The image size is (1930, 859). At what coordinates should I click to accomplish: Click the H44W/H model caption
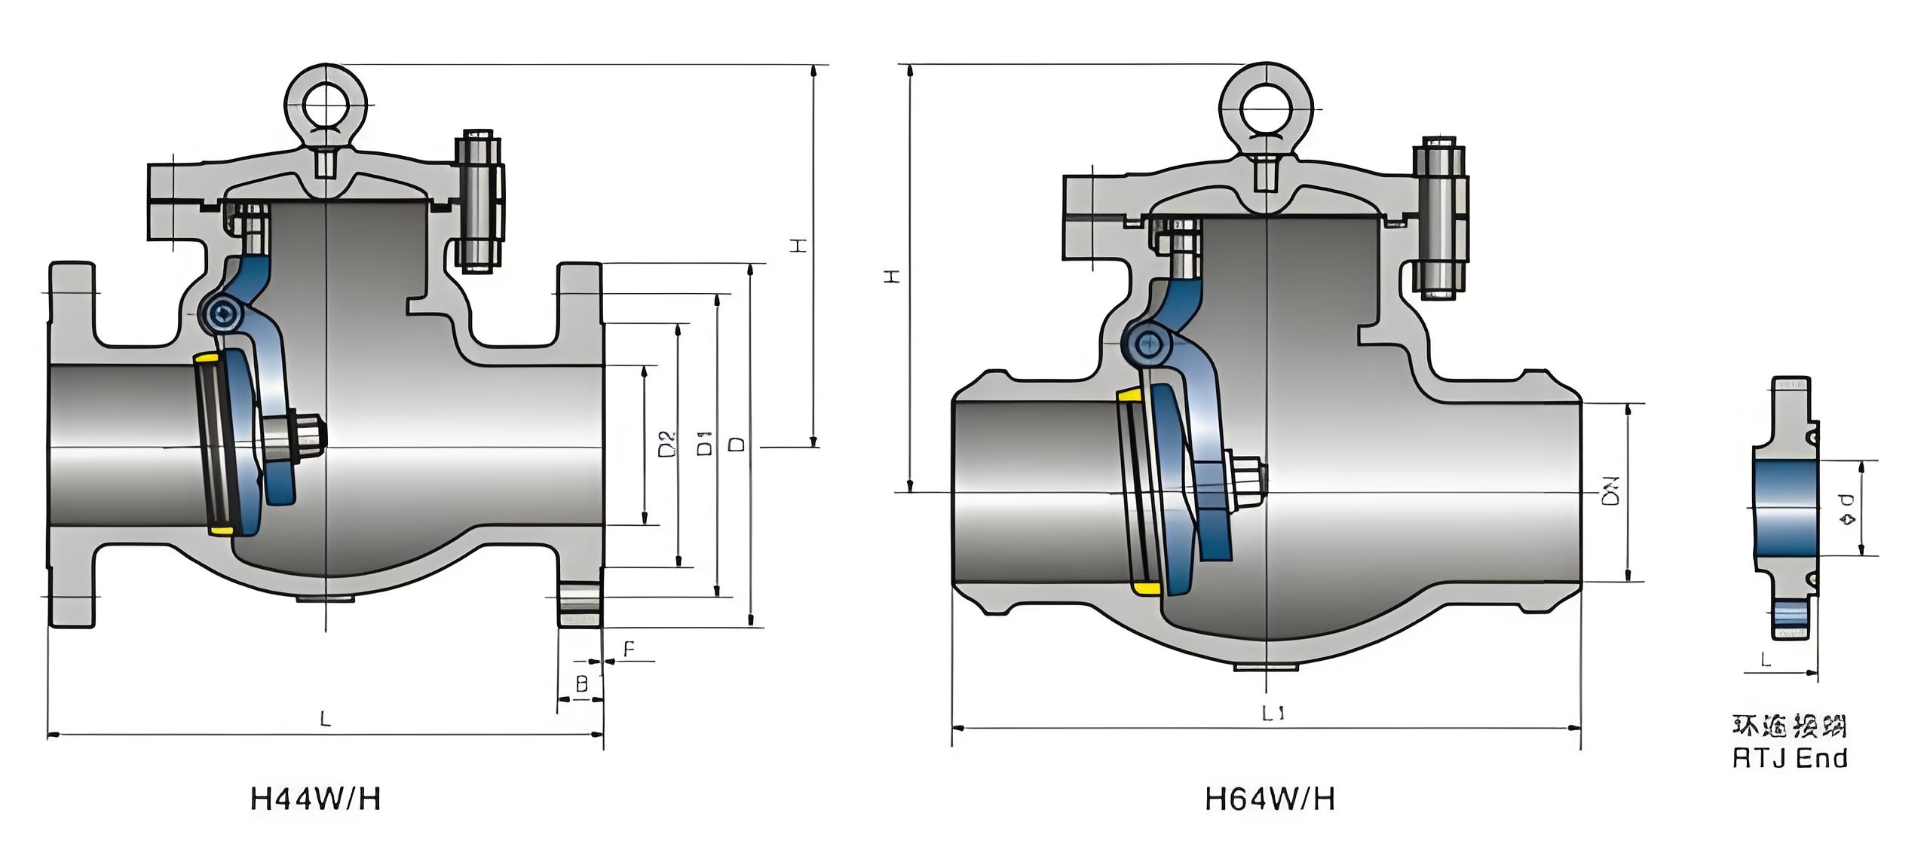(315, 799)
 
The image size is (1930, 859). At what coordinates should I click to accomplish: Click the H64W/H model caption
(1270, 799)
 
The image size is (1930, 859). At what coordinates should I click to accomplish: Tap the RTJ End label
(1790, 757)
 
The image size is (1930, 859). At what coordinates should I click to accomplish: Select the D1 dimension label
(705, 444)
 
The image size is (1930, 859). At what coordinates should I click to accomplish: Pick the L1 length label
(1273, 713)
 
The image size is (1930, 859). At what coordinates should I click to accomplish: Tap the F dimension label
(630, 649)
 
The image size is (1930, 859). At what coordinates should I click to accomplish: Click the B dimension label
(581, 684)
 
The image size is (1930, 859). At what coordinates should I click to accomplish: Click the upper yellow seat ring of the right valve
(1129, 395)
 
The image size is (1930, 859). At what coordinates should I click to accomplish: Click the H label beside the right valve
(893, 277)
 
